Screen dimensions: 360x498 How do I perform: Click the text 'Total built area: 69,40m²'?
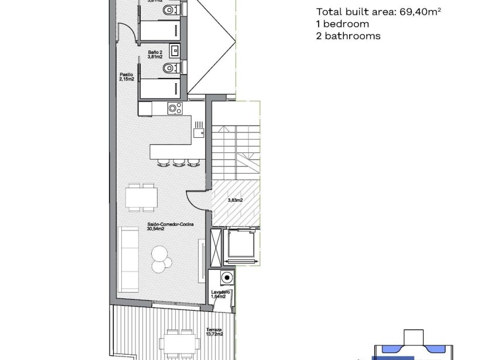pos(378,12)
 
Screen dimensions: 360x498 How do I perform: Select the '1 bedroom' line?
pos(342,24)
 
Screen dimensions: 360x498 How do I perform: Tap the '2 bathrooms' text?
pos(348,36)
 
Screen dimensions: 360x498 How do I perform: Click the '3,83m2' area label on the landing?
pos(236,200)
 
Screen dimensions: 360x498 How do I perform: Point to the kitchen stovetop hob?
pos(175,108)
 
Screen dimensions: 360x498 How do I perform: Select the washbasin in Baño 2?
pos(174,50)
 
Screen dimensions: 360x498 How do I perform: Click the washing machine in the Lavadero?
pos(226,279)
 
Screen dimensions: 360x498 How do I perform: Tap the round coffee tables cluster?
pos(159,257)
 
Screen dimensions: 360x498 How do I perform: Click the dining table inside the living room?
pos(141,197)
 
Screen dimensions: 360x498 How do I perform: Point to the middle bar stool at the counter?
pos(178,162)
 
